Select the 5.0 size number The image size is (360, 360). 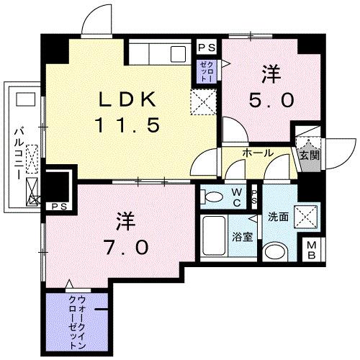(x=271, y=99)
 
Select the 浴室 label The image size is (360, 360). (x=242, y=235)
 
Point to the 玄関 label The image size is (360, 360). (x=310, y=156)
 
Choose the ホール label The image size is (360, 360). (x=257, y=153)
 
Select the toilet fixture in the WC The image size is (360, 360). (x=213, y=195)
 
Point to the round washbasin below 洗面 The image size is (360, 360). (x=274, y=252)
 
